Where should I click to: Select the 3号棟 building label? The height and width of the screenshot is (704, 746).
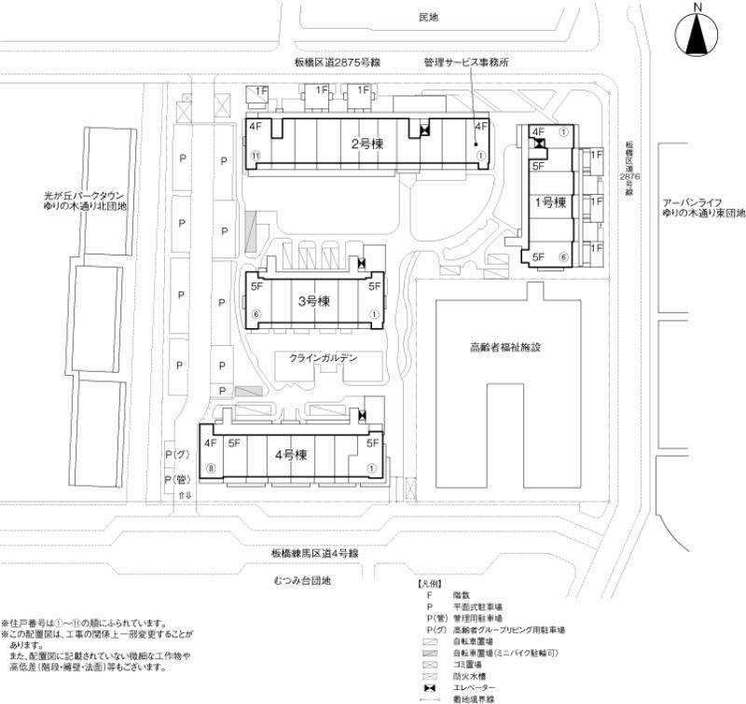click(314, 301)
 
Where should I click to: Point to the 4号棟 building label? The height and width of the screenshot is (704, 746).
click(292, 455)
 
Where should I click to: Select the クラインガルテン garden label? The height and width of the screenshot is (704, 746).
click(323, 357)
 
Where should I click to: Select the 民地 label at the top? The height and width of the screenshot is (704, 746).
click(428, 17)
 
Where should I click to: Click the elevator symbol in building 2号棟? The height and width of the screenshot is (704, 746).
click(425, 131)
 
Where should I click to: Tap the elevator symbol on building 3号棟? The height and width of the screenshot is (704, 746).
click(361, 265)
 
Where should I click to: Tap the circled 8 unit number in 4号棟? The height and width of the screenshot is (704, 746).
click(212, 468)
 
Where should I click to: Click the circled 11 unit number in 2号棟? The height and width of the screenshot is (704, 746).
click(255, 156)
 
